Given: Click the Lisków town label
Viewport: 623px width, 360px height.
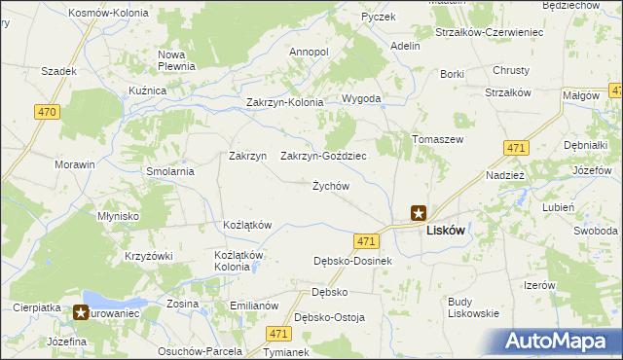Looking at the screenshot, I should point(445,232).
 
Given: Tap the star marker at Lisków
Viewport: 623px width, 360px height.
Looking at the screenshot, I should point(418,211).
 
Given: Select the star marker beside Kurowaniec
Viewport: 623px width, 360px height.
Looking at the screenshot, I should point(87,313).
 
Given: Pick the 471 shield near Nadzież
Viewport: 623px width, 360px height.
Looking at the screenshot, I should point(516,148).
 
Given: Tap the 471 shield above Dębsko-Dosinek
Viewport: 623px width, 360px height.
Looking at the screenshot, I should point(366,240).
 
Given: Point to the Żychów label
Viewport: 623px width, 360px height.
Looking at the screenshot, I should point(330,186).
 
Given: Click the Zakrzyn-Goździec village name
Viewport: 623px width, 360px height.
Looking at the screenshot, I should point(323,156).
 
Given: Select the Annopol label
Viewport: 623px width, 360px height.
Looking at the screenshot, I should point(310,52).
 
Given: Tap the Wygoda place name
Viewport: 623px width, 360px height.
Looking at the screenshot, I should point(360,99).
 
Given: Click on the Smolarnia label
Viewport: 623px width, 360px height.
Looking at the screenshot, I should point(171,171).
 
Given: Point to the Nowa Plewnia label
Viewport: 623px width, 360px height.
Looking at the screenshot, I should point(177,60).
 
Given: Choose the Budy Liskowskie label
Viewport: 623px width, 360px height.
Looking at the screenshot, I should point(473,307).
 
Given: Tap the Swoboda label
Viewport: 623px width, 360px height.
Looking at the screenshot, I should point(595,231).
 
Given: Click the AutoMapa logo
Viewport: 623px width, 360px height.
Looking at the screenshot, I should point(564,341).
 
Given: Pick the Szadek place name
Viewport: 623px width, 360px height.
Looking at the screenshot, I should point(58,71).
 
